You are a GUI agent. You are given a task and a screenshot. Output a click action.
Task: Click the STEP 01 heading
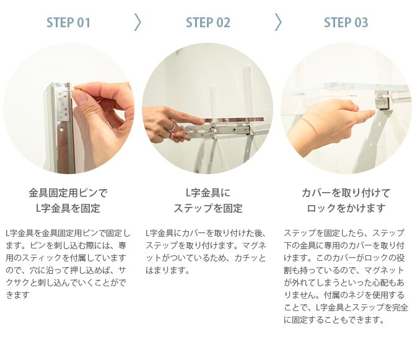tap(68, 22)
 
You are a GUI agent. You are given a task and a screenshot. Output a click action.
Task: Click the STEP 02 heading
tap(208, 22)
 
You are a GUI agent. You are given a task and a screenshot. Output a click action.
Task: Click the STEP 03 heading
tap(346, 22)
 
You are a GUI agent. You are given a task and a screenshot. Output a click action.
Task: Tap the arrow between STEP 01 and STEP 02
tap(138, 22)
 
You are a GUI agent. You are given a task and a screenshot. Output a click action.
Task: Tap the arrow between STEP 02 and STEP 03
tap(278, 22)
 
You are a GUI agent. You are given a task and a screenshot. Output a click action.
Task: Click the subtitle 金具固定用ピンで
tap(68, 193)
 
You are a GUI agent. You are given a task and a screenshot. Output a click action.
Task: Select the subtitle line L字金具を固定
tap(68, 208)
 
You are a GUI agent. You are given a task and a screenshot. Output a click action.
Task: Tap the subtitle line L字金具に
tap(208, 193)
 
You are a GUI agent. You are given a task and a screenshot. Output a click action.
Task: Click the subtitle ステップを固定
tap(208, 208)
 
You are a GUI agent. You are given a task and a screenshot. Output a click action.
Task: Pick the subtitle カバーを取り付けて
tap(346, 193)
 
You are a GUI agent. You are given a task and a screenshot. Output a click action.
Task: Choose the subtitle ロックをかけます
tap(346, 208)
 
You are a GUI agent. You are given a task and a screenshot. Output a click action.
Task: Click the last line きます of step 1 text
tap(17, 295)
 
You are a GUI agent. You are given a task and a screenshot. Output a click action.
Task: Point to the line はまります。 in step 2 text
tap(167, 270)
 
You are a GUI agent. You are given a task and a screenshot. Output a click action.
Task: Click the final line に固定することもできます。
tap(334, 320)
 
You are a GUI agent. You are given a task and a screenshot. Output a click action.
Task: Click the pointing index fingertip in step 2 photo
tap(202, 121)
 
